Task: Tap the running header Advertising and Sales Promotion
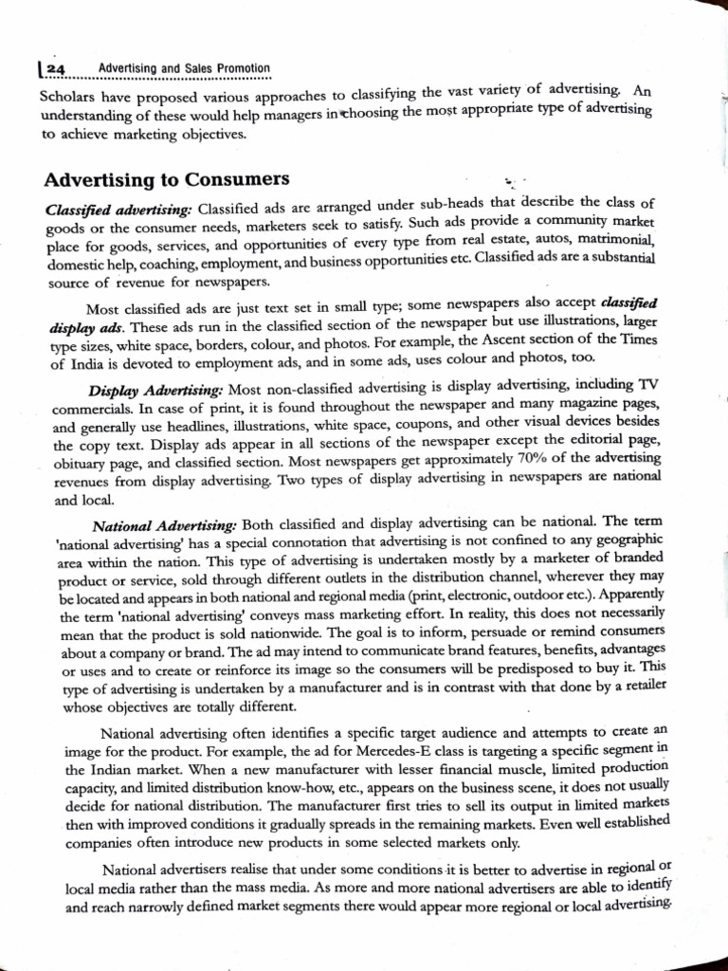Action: pos(184,69)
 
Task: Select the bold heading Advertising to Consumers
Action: pos(167,180)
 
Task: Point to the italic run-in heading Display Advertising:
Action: pos(156,391)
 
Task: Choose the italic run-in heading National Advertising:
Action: pos(165,524)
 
